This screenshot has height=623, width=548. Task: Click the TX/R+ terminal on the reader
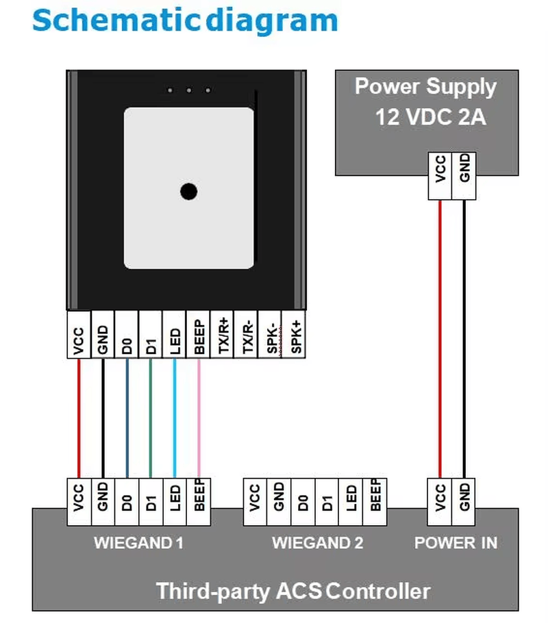pos(223,335)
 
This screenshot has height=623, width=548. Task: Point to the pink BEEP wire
pos(199,418)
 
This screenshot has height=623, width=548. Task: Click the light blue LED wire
pos(175,418)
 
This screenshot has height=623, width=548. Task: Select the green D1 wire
pos(150,418)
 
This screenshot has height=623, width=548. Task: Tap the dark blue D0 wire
pos(127,418)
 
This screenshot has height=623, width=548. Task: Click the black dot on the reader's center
pos(189,192)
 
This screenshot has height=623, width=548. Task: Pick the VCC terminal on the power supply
pos(440,176)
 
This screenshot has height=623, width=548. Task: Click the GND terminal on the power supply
pos(464,176)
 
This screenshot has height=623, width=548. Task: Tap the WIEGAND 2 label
pos(318,543)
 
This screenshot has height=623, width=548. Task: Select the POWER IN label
pos(456,543)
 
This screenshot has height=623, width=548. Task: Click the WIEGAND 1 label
pos(139,543)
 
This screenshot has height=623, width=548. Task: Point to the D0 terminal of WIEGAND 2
pos(303,503)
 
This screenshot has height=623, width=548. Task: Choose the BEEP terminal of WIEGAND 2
pos(375,503)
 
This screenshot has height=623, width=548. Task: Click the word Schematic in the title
pos(116,21)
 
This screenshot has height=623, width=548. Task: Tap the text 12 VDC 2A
pos(431,117)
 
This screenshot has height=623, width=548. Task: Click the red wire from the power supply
pos(440,340)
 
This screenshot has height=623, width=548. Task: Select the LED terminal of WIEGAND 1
pos(175,503)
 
